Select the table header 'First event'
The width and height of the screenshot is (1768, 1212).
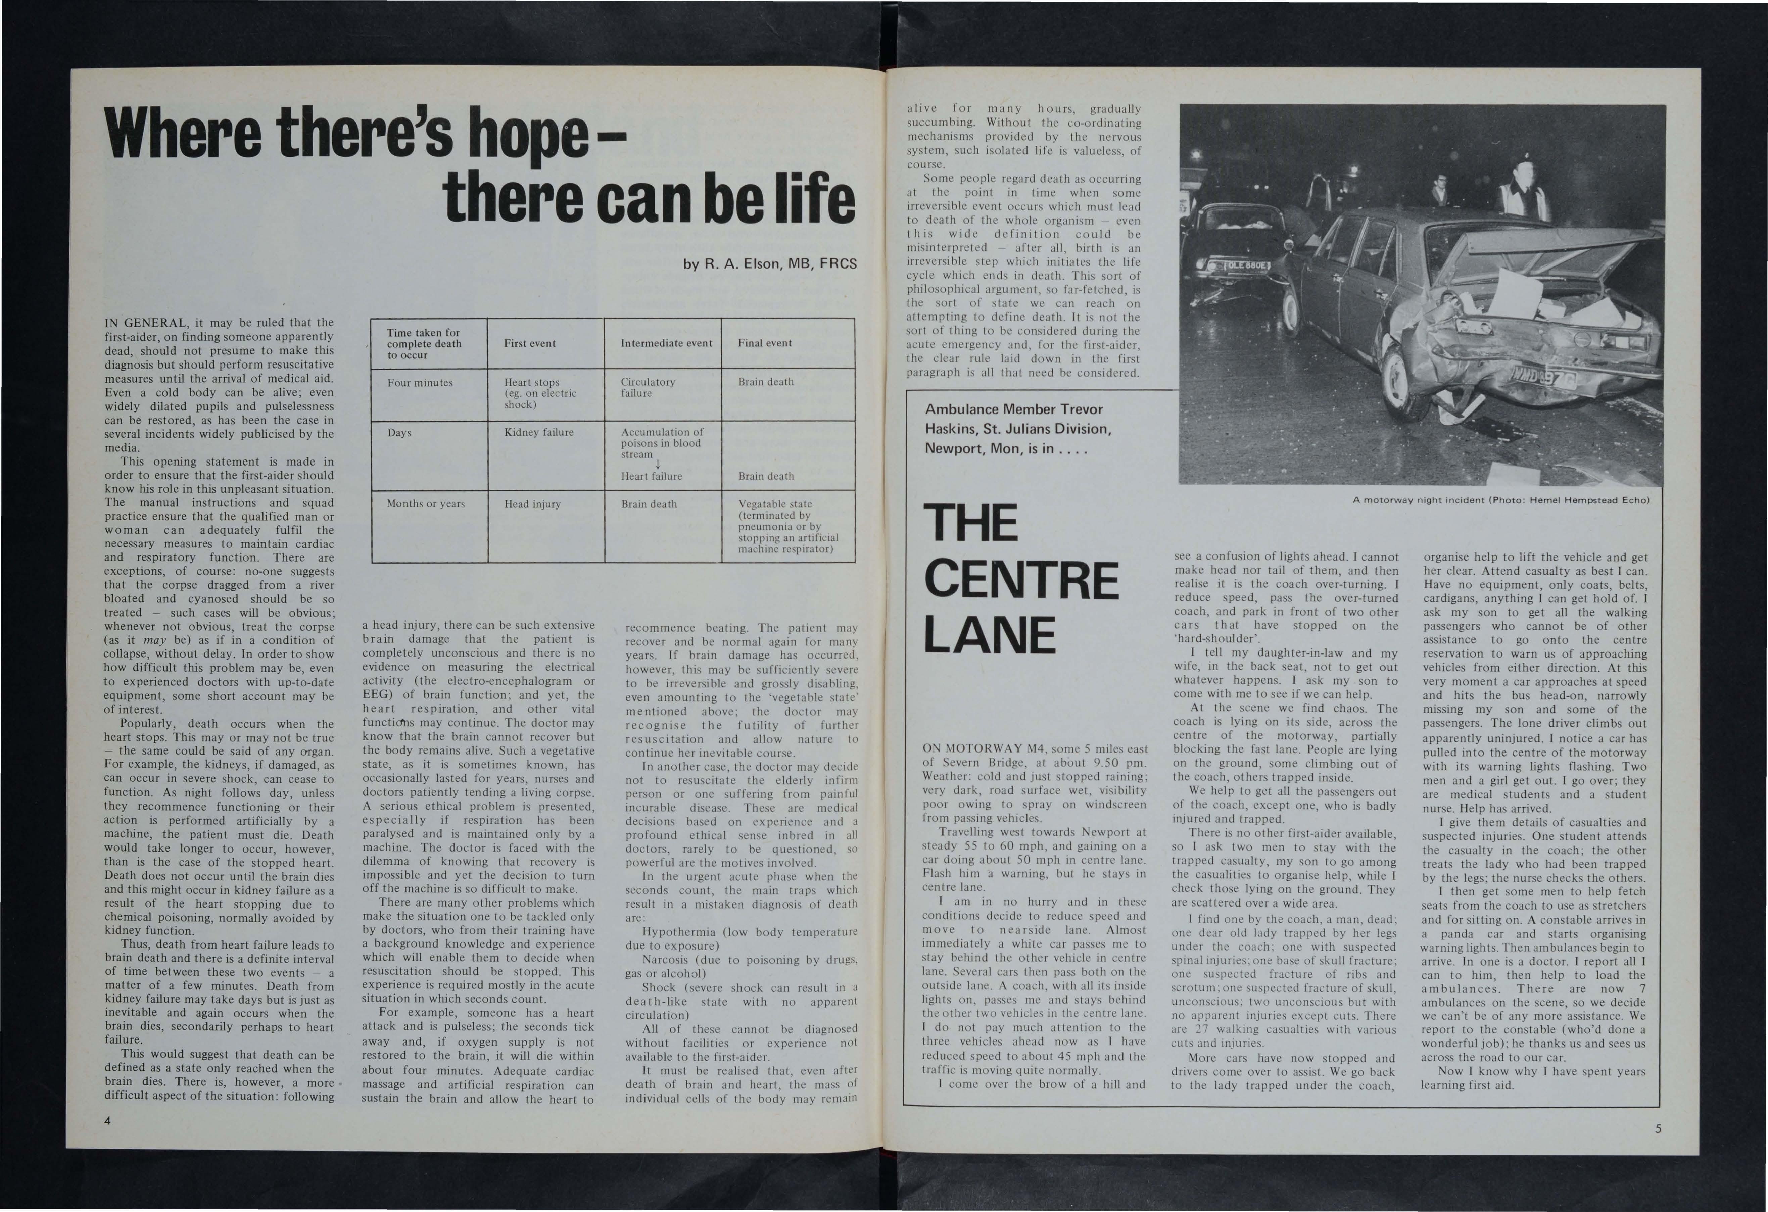click(x=529, y=343)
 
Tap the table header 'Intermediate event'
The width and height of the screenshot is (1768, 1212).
click(x=666, y=343)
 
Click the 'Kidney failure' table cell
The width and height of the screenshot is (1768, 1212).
click(x=539, y=432)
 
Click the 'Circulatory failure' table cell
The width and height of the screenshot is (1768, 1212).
click(x=648, y=387)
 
